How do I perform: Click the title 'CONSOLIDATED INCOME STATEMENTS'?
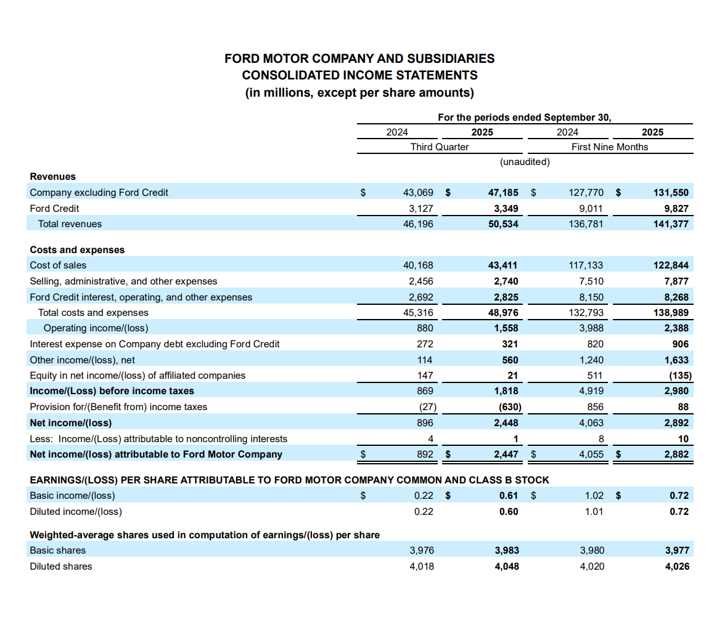pyautogui.click(x=359, y=75)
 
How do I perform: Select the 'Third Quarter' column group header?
pyautogui.click(x=439, y=147)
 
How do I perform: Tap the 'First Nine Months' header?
pyautogui.click(x=610, y=147)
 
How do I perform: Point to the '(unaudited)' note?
pyautogui.click(x=524, y=161)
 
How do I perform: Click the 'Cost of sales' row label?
pyautogui.click(x=59, y=265)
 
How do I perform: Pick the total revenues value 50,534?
pyautogui.click(x=503, y=224)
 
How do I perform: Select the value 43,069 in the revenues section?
pyautogui.click(x=418, y=192)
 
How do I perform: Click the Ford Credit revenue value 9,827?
pyautogui.click(x=676, y=208)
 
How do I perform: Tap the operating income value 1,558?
pyautogui.click(x=506, y=328)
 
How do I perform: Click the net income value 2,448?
pyautogui.click(x=506, y=423)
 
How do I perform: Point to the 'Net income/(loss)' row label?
pyautogui.click(x=71, y=423)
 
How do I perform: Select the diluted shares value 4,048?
pyautogui.click(x=506, y=566)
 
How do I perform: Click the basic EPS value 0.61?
pyautogui.click(x=509, y=496)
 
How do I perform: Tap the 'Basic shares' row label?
pyautogui.click(x=58, y=551)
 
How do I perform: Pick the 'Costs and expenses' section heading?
pyautogui.click(x=77, y=249)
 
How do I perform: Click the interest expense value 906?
pyautogui.click(x=680, y=344)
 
